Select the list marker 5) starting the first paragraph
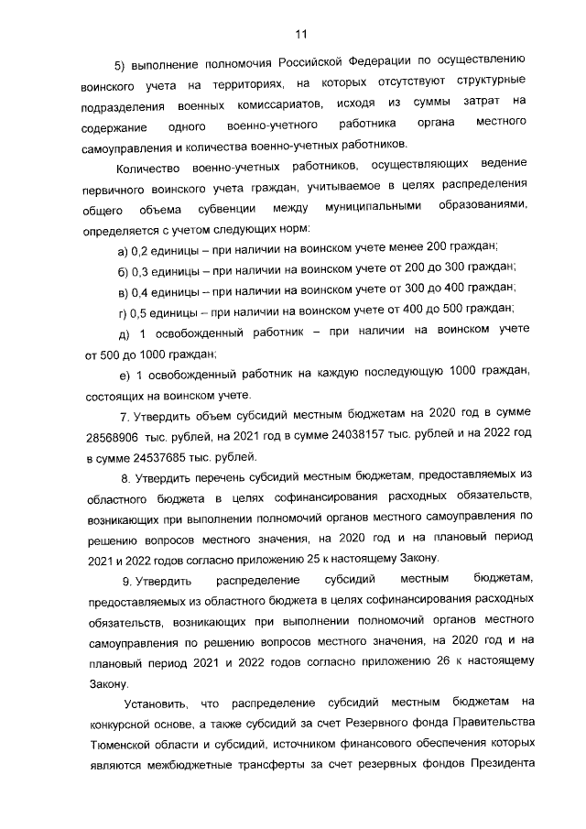tap(120, 66)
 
